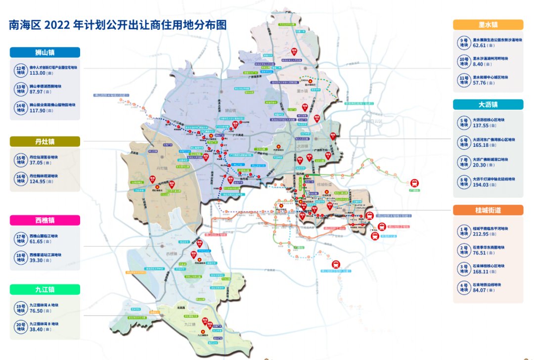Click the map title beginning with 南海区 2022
click(118, 25)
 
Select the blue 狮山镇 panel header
click(44, 52)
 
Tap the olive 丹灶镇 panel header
click(44, 142)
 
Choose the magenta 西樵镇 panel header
click(44, 220)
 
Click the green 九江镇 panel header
click(44, 289)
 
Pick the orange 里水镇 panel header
click(488, 25)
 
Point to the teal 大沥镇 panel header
click(488, 104)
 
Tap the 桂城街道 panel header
click(488, 210)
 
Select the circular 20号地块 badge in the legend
click(20, 327)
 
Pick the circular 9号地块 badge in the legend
click(464, 43)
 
